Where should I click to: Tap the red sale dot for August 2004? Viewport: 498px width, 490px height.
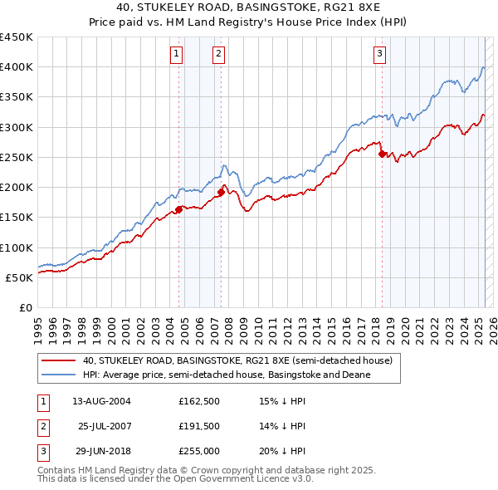178,209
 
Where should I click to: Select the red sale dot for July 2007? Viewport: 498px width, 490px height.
222,192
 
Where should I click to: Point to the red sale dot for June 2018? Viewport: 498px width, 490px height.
382,154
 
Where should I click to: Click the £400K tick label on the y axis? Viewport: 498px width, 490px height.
17,67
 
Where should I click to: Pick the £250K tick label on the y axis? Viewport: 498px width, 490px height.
17,157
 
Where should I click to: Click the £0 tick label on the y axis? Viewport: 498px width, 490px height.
25,307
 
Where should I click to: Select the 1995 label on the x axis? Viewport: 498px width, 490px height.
38,324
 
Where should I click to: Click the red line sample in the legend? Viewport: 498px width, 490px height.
58,360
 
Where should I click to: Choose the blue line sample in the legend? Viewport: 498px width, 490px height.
58,375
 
